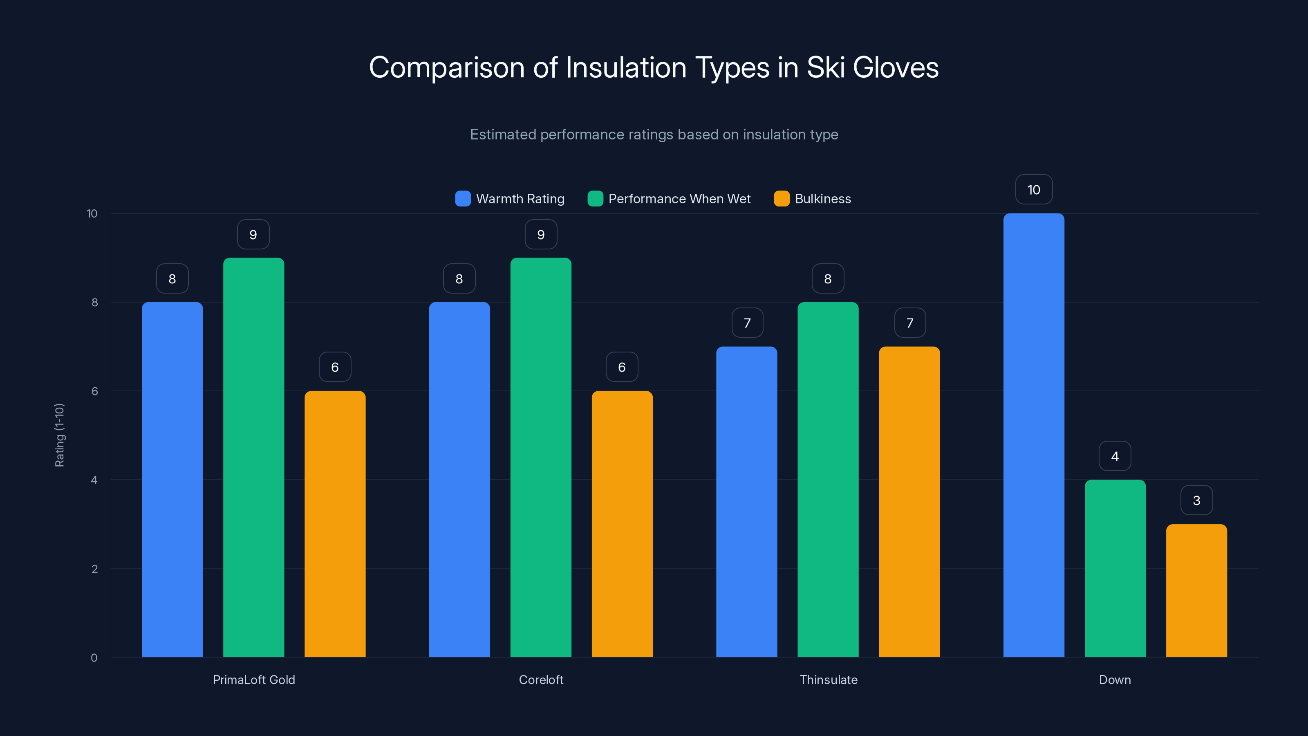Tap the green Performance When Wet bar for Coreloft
click(541, 457)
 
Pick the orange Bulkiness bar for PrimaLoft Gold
click(335, 524)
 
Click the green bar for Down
click(1115, 568)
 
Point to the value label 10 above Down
click(1033, 189)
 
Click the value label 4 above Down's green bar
click(1115, 456)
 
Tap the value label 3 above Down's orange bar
click(1196, 500)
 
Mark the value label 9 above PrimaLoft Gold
click(253, 234)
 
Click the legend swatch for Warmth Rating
click(463, 199)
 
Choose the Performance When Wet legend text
click(679, 199)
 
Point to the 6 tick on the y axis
click(94, 391)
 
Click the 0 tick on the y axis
click(94, 658)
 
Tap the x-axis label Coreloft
click(541, 680)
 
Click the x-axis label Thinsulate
click(828, 680)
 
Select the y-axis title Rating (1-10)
click(59, 435)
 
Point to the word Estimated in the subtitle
click(503, 134)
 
